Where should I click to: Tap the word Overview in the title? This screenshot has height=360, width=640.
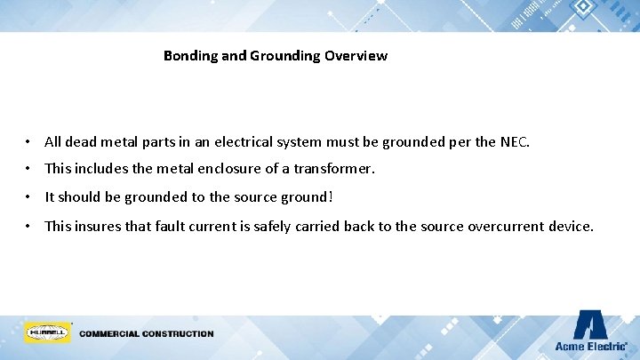[x=356, y=56]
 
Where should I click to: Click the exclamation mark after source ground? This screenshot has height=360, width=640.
[x=331, y=196]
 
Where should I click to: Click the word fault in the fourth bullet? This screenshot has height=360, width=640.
[x=172, y=226]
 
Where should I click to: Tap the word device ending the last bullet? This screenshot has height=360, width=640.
[x=569, y=226]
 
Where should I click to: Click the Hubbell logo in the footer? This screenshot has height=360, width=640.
[x=47, y=333]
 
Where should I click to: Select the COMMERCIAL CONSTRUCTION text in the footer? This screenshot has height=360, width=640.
[x=147, y=334]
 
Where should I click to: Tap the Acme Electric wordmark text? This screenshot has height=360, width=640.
[x=589, y=346]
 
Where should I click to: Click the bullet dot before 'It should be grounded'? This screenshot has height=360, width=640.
[x=30, y=197]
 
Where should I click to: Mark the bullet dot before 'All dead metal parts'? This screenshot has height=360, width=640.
[x=30, y=142]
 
